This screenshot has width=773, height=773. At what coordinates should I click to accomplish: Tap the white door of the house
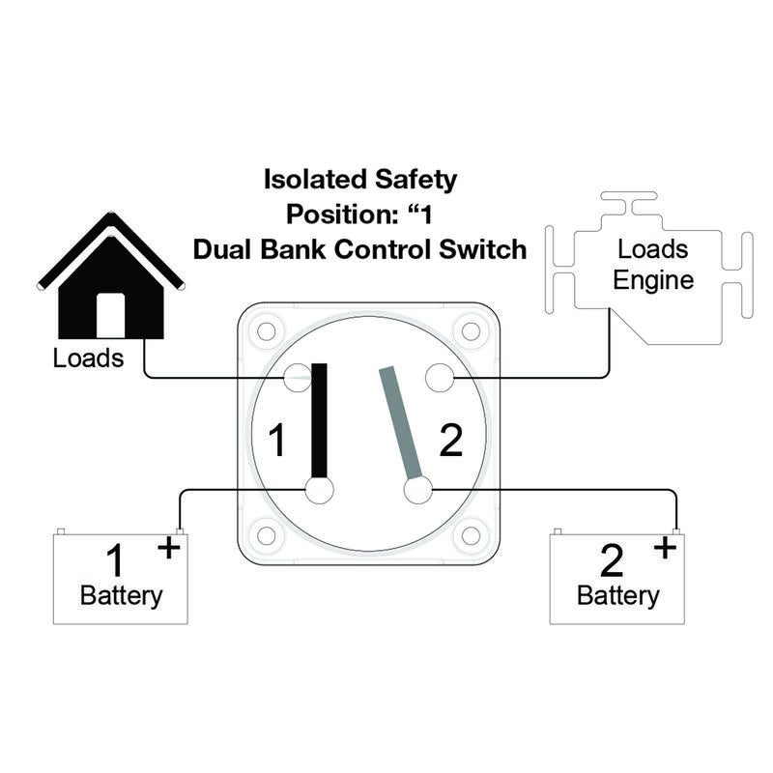(x=110, y=316)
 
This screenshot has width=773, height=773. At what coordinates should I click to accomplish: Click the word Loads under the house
(x=88, y=358)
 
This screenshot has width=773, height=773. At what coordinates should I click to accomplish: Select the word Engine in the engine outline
(x=653, y=281)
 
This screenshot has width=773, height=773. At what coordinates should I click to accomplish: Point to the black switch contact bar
(x=320, y=420)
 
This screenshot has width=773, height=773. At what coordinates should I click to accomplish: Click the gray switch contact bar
(x=400, y=423)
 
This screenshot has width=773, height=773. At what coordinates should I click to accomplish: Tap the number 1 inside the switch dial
(x=276, y=440)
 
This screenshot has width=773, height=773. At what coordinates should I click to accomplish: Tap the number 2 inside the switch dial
(x=450, y=440)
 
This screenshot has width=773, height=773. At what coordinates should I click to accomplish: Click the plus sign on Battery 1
(x=168, y=547)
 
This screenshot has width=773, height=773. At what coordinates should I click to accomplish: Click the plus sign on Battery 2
(x=665, y=547)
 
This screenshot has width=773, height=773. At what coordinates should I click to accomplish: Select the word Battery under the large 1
(x=122, y=596)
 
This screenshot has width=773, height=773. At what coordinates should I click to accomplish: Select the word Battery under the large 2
(x=617, y=596)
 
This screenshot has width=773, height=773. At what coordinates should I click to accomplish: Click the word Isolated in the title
(x=316, y=179)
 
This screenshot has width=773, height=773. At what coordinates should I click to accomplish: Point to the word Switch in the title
(x=482, y=249)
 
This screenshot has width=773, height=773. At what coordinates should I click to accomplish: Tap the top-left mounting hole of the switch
(x=267, y=331)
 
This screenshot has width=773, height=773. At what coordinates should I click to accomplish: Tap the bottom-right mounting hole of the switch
(x=471, y=535)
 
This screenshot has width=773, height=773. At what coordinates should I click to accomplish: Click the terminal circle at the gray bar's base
(x=418, y=491)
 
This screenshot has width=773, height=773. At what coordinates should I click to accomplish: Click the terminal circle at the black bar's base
(x=320, y=491)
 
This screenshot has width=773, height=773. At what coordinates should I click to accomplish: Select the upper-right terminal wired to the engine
(x=440, y=378)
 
